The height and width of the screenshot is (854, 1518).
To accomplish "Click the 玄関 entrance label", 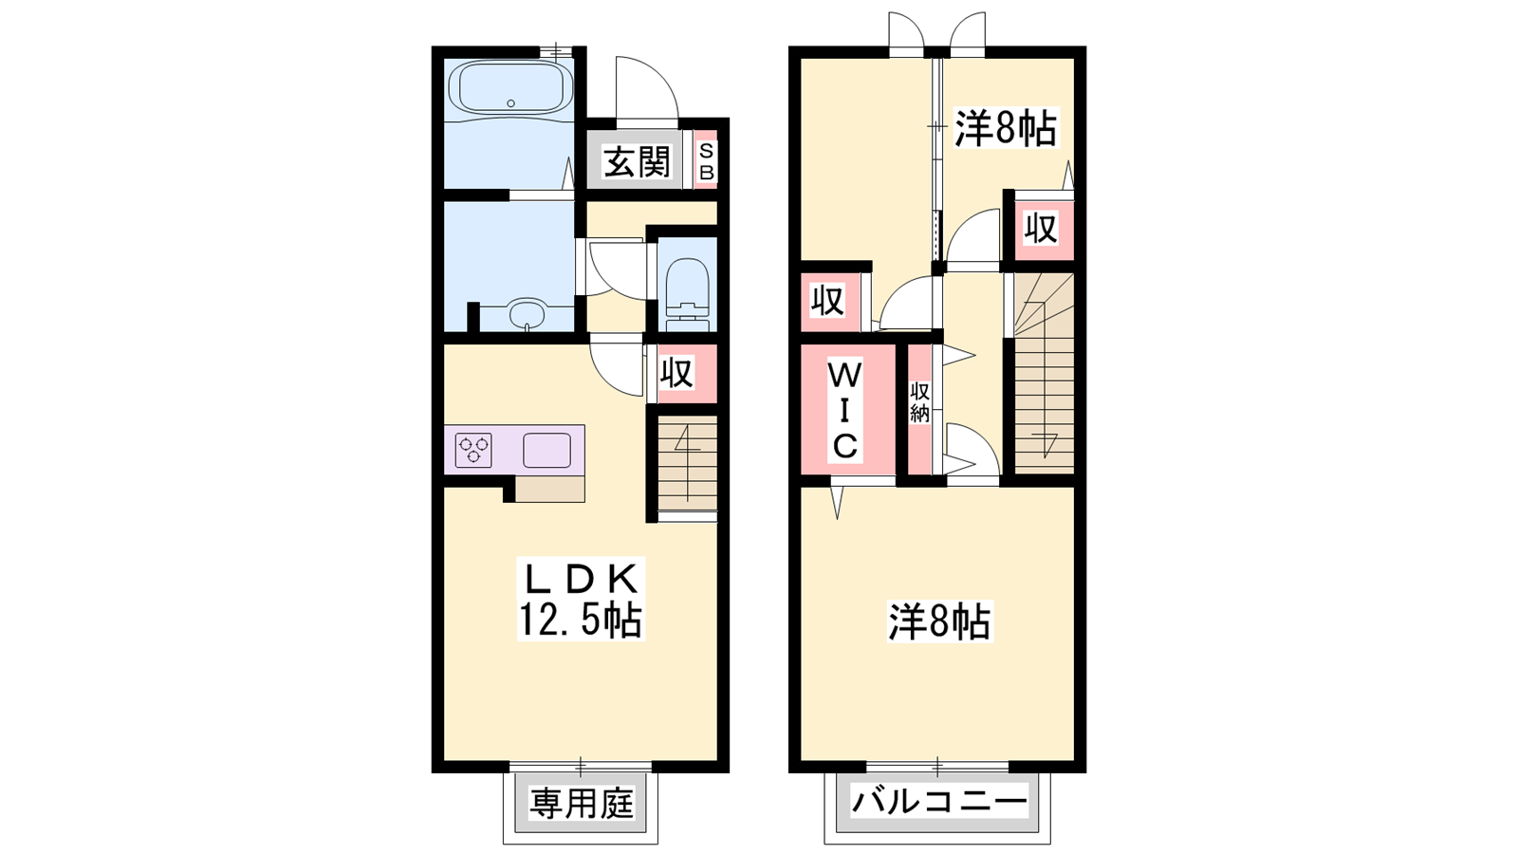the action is click(636, 162).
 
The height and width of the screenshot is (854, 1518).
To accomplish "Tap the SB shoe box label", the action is click(706, 161).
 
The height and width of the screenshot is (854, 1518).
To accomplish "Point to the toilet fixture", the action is click(687, 294).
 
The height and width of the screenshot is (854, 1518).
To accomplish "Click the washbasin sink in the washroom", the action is click(527, 314).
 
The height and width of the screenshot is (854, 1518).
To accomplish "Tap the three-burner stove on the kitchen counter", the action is click(473, 451).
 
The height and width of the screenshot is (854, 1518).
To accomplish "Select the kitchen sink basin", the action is click(546, 450).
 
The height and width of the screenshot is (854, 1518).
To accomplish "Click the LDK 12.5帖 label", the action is click(581, 599).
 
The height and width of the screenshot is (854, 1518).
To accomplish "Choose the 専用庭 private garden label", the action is click(581, 804).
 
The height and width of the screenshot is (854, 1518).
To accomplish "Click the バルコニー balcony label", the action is click(938, 803).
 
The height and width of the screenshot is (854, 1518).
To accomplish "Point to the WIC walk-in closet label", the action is click(844, 411).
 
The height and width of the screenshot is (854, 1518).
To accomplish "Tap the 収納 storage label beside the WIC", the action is click(919, 402).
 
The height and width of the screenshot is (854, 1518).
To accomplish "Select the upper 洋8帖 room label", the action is click(1005, 129).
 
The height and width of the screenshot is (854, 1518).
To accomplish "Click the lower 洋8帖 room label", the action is click(939, 622).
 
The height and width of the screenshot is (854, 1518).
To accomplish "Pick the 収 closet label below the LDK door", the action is click(676, 373).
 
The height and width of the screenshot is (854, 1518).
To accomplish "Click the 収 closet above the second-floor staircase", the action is click(1040, 229).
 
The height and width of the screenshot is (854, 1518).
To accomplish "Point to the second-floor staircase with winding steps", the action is click(1044, 374).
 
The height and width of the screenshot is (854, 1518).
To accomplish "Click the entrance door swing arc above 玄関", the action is click(659, 77).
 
